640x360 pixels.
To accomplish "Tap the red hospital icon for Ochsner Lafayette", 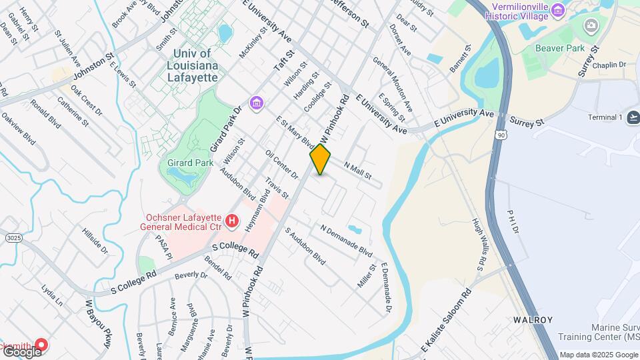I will point(231,220).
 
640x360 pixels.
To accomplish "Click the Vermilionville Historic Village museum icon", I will point(558,10).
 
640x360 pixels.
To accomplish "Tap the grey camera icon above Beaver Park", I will point(591,26).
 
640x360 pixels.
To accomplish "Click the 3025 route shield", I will point(12,237).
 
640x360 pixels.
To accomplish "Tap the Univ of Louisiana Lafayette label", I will point(191,65).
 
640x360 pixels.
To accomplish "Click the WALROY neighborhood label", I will point(533,320).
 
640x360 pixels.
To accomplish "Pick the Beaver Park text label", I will point(561,48).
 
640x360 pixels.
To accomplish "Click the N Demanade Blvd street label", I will point(346,240).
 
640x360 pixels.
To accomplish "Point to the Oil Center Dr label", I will point(281,165).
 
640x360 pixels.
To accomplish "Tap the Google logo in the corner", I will point(21,351).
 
